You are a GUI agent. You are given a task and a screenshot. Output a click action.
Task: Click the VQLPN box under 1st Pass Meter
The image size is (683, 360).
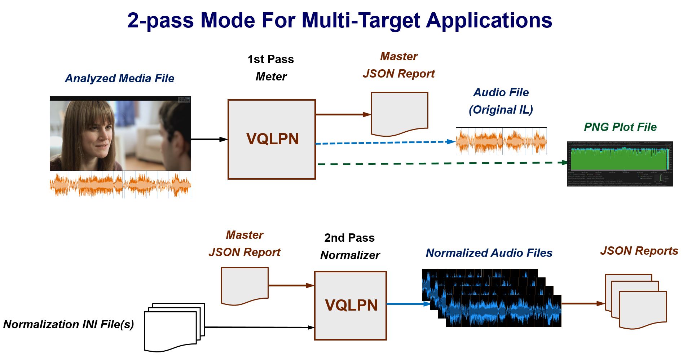(x=272, y=139)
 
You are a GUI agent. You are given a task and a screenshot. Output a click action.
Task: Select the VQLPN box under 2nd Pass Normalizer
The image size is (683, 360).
(x=351, y=305)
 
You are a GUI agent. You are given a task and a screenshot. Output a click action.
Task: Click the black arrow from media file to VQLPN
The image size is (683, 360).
(x=209, y=139)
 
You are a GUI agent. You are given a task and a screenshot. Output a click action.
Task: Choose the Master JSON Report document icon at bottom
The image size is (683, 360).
(x=244, y=285)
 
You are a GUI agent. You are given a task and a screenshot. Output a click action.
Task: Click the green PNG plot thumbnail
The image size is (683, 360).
(x=620, y=163)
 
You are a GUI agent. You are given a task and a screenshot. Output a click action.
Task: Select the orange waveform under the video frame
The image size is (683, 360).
(x=120, y=185)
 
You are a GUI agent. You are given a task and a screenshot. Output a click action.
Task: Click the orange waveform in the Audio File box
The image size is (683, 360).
(x=501, y=141)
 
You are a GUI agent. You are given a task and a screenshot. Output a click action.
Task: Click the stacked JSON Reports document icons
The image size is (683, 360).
(x=636, y=302)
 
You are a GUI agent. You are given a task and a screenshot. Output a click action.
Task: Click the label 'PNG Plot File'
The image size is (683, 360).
(x=620, y=127)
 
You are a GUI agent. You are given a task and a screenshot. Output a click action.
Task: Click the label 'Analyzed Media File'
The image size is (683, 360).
(x=119, y=78)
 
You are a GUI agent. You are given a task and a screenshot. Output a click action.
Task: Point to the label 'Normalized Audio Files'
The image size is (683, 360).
(x=489, y=253)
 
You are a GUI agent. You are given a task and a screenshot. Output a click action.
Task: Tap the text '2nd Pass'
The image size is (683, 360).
(x=349, y=238)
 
